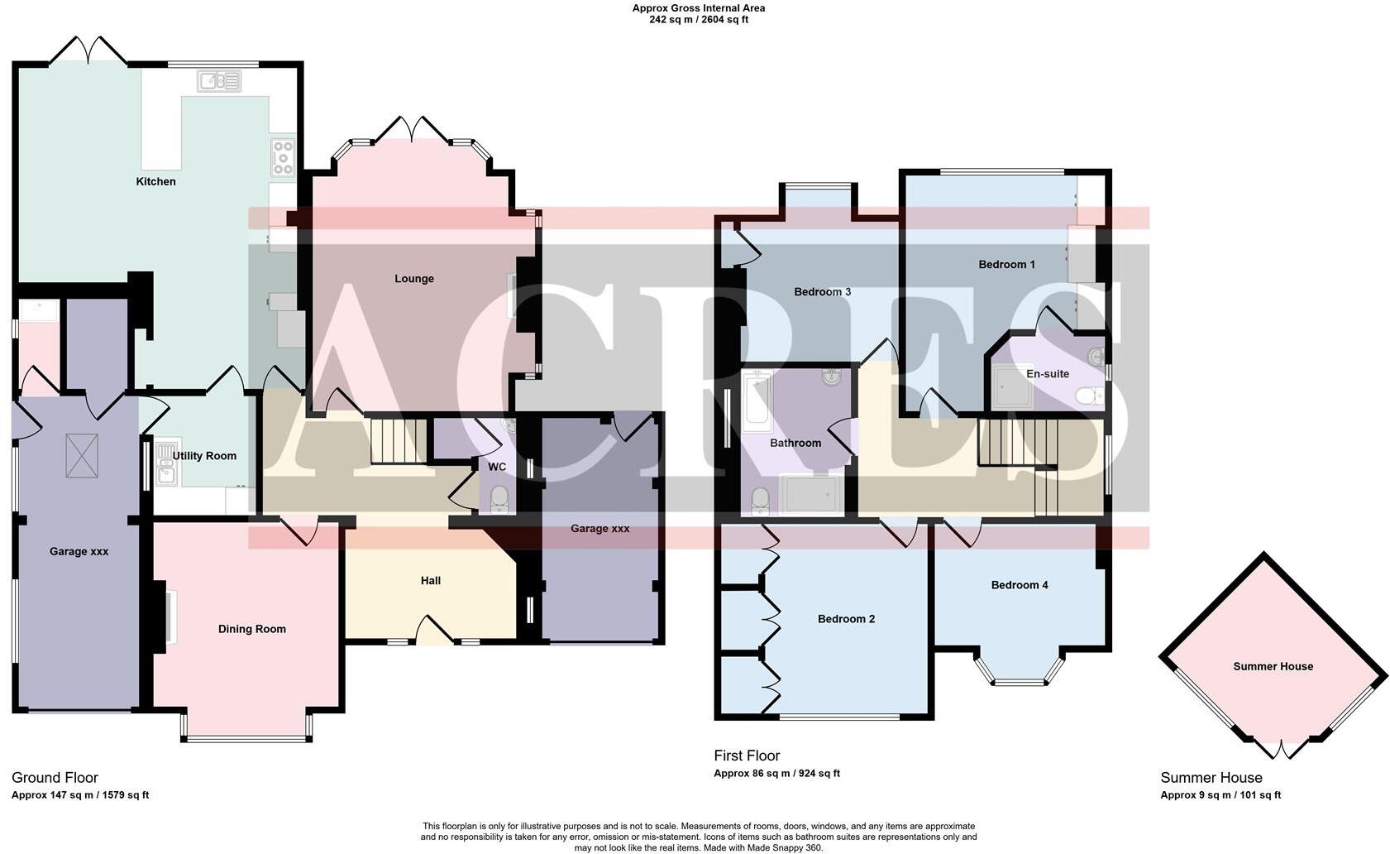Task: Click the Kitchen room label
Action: pos(155,181)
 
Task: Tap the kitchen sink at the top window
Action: pos(219,81)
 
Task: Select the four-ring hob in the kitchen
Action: pos(283,157)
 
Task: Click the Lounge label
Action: pos(413,279)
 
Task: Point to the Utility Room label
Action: pos(204,456)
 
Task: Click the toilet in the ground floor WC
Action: pos(499,499)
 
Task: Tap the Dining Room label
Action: pos(251,629)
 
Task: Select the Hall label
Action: pos(430,581)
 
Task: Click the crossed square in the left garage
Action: pos(81,455)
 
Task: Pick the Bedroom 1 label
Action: pos(1006,265)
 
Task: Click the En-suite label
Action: pos(1047,374)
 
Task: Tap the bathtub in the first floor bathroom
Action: pos(757,402)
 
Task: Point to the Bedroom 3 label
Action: pos(822,292)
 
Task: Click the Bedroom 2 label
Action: pos(846,619)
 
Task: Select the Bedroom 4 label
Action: pos(1019,585)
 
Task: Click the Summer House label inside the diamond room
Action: pos(1273,666)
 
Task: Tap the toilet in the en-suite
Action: pos(1087,396)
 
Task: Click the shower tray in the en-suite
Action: pos(1012,388)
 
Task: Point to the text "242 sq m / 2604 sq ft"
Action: pos(698,20)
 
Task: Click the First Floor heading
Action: pos(747,756)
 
